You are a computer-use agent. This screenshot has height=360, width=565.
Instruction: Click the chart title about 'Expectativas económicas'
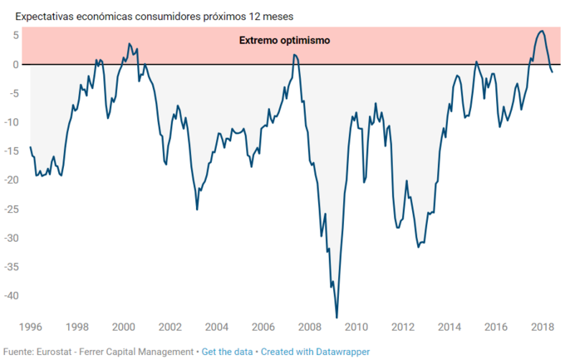154,16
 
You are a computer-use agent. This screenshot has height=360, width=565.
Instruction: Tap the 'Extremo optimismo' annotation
285,40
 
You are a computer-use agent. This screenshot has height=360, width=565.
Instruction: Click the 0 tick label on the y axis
15,64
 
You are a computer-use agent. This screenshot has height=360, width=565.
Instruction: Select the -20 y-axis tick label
12,180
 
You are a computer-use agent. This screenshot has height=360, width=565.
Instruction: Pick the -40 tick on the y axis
12,295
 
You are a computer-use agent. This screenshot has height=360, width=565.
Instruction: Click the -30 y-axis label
12,238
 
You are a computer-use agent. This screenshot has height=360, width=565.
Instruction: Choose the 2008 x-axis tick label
310,327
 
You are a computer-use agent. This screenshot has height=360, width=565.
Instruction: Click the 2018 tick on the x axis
543,327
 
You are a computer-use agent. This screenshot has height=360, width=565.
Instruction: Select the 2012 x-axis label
403,327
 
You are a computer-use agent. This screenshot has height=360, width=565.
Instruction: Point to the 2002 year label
169,327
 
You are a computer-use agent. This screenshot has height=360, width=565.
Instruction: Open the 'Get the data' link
228,352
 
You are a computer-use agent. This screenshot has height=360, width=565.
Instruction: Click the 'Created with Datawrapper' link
315,352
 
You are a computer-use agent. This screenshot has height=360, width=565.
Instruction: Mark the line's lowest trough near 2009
337,318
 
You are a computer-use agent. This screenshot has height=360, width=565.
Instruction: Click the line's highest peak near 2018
541,31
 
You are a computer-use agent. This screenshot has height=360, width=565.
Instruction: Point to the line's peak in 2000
129,43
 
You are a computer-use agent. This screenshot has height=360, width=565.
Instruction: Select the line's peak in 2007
294,55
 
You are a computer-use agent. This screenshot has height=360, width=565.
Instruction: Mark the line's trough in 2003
197,210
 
